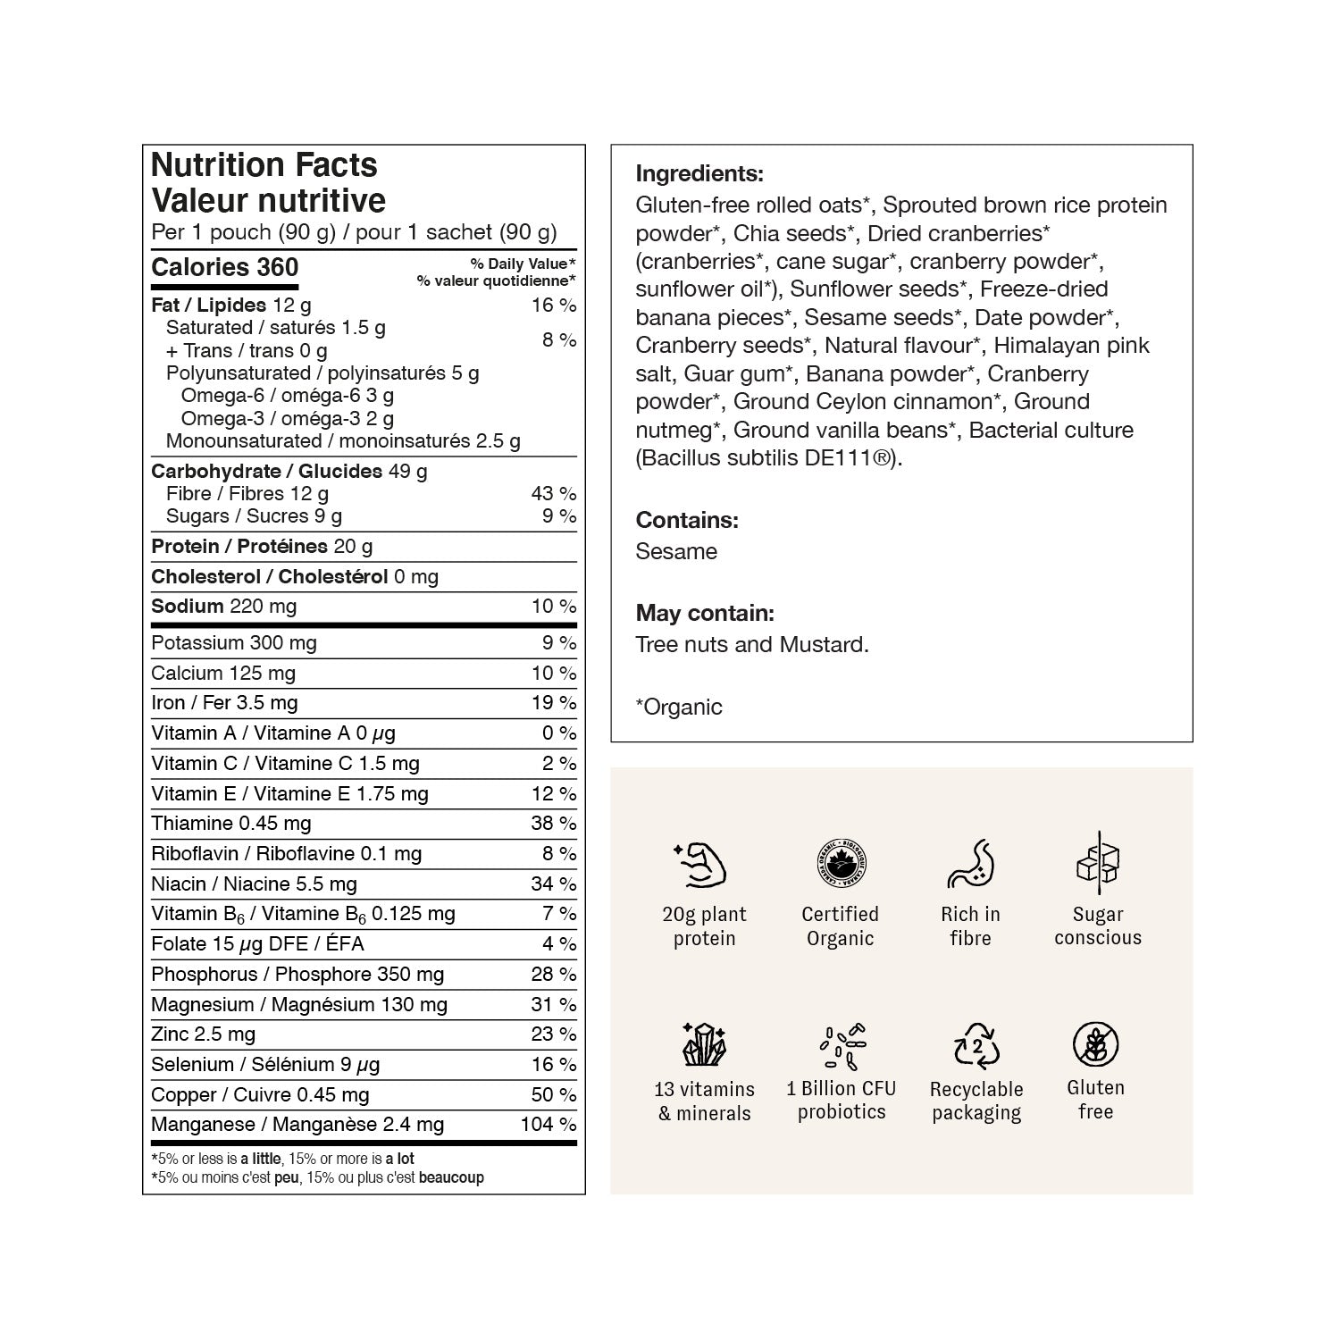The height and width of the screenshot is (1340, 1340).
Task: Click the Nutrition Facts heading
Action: pyautogui.click(x=264, y=165)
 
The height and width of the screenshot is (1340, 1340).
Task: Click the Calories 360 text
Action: pyautogui.click(x=225, y=267)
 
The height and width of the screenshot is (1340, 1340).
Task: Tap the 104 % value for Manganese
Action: pyautogui.click(x=548, y=1125)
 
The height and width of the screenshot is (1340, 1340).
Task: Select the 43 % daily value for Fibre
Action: pyautogui.click(x=553, y=493)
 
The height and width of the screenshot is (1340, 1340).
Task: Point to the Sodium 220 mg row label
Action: pyautogui.click(x=223, y=607)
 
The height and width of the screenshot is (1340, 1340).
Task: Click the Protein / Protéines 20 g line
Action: pyautogui.click(x=262, y=547)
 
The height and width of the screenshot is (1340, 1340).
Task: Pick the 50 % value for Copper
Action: pyautogui.click(x=553, y=1094)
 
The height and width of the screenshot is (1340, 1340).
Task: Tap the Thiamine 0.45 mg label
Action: pyautogui.click(x=230, y=824)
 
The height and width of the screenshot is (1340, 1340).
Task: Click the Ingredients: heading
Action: pyautogui.click(x=699, y=173)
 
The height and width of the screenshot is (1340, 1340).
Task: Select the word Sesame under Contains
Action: pyautogui.click(x=676, y=551)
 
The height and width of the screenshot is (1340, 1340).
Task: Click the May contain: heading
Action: pyautogui.click(x=705, y=613)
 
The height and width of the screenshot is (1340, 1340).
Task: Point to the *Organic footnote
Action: pyautogui.click(x=679, y=707)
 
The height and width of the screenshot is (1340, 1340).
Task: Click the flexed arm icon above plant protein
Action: pyautogui.click(x=700, y=865)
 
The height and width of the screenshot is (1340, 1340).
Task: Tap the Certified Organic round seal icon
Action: pyautogui.click(x=840, y=863)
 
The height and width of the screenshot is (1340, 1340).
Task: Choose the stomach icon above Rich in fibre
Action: pyautogui.click(x=970, y=863)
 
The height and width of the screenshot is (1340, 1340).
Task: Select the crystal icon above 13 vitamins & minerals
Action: pyautogui.click(x=704, y=1043)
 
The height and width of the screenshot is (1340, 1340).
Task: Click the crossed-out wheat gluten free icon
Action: pyautogui.click(x=1095, y=1043)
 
